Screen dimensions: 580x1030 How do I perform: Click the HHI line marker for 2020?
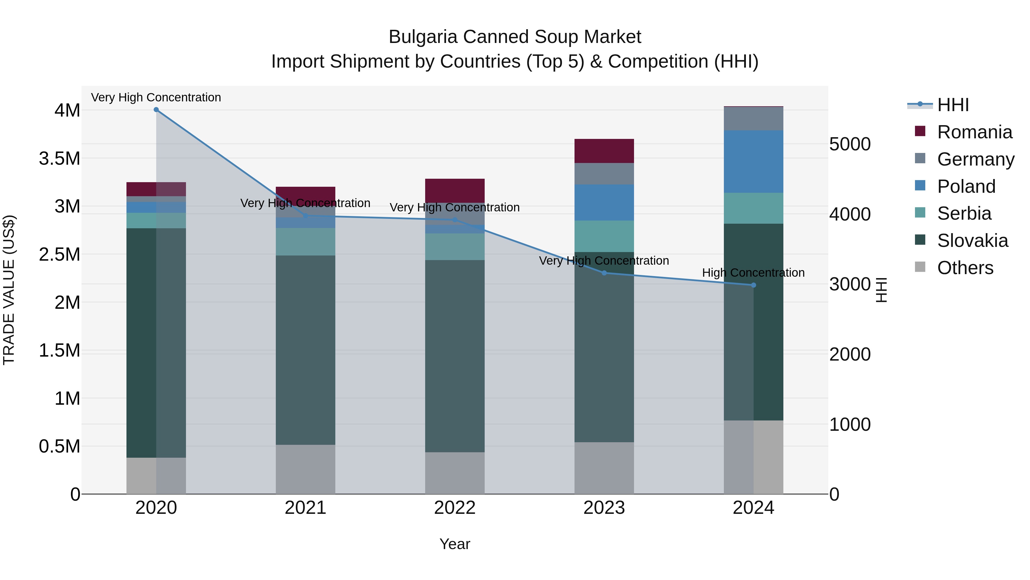point(156,110)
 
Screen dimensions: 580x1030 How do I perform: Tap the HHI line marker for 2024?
point(753,285)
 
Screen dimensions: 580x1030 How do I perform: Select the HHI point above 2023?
point(604,273)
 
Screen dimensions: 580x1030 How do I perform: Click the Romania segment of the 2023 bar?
point(604,151)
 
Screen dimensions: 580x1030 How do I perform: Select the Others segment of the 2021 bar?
point(306,469)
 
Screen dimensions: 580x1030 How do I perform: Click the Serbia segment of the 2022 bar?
point(455,247)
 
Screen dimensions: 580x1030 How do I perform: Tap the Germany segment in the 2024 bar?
point(753,119)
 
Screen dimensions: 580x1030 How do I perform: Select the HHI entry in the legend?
point(952,105)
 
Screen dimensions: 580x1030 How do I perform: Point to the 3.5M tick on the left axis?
point(60,158)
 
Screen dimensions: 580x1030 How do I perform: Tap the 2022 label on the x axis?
point(455,508)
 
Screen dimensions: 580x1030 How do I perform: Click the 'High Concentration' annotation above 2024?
point(753,273)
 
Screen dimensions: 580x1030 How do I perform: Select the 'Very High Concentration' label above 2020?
point(156,97)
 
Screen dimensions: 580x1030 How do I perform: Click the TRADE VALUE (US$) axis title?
point(9,290)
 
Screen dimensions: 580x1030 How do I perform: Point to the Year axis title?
point(455,544)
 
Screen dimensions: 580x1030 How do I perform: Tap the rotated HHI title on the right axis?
point(881,290)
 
